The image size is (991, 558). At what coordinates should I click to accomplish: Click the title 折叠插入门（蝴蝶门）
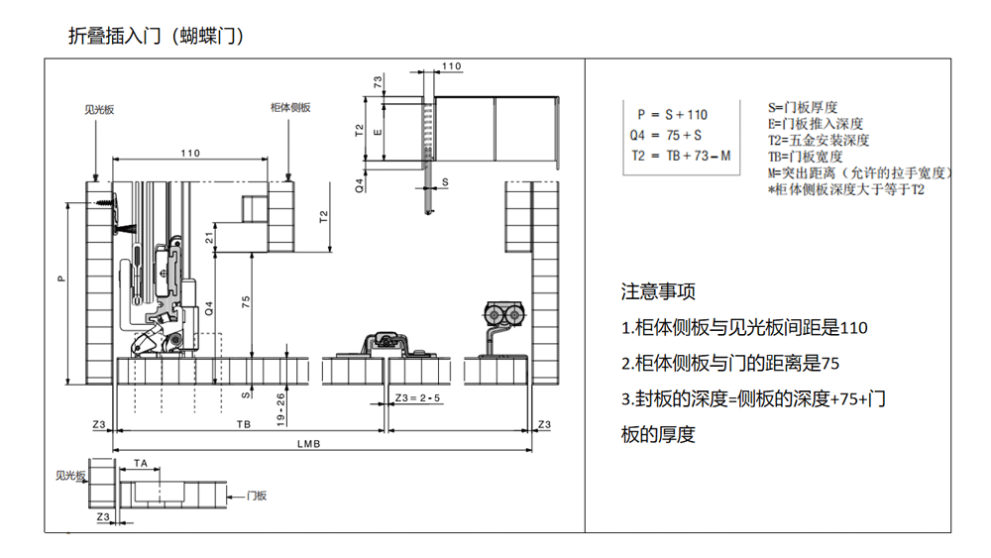click(x=156, y=36)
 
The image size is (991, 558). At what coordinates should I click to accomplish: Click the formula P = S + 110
click(x=672, y=115)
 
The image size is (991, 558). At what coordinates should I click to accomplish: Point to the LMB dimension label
click(x=308, y=443)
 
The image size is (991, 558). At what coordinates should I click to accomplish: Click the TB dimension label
click(x=244, y=424)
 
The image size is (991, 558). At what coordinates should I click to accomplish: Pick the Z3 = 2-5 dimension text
click(x=417, y=398)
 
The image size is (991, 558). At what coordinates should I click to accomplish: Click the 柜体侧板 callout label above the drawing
click(x=290, y=108)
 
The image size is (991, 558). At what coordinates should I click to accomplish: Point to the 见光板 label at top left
click(x=100, y=109)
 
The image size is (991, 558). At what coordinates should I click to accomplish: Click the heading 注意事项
click(x=658, y=292)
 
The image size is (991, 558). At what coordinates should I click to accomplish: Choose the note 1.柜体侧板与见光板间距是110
click(x=744, y=328)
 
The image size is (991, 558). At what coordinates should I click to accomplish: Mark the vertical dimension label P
click(x=60, y=279)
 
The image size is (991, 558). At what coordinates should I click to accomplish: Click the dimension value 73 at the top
click(x=378, y=81)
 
